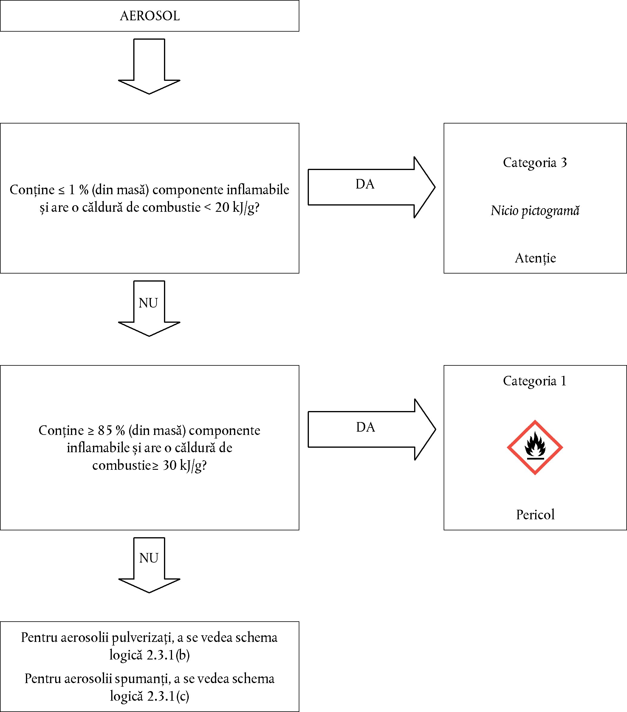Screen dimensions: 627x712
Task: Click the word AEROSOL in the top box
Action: pos(150,16)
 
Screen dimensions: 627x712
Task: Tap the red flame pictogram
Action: pos(535,447)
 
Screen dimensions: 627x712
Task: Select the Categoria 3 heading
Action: pos(535,163)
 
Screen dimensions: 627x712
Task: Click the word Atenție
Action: pos(535,258)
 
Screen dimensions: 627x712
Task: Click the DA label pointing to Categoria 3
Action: pos(365,184)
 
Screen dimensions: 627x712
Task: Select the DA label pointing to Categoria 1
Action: pos(365,427)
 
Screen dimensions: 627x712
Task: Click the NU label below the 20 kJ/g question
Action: pos(148,303)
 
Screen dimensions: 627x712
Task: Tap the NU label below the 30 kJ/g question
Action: pos(149,558)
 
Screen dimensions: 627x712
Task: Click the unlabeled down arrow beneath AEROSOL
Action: pos(149,66)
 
